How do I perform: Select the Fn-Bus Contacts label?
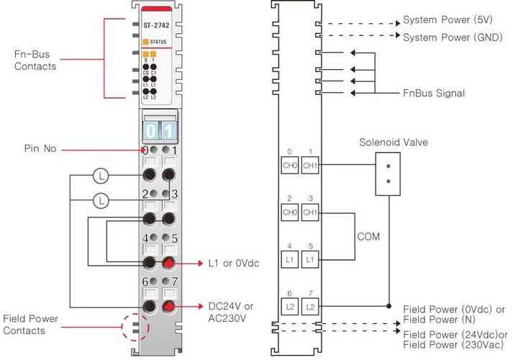tap(35, 60)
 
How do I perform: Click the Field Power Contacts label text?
tap(30, 324)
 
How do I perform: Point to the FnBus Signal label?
tap(434, 93)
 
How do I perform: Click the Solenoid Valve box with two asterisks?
tap(389, 173)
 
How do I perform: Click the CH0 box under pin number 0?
tap(288, 165)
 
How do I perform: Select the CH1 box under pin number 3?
tap(310, 212)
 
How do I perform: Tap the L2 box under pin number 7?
tap(310, 307)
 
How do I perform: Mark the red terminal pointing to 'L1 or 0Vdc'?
tap(170, 264)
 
